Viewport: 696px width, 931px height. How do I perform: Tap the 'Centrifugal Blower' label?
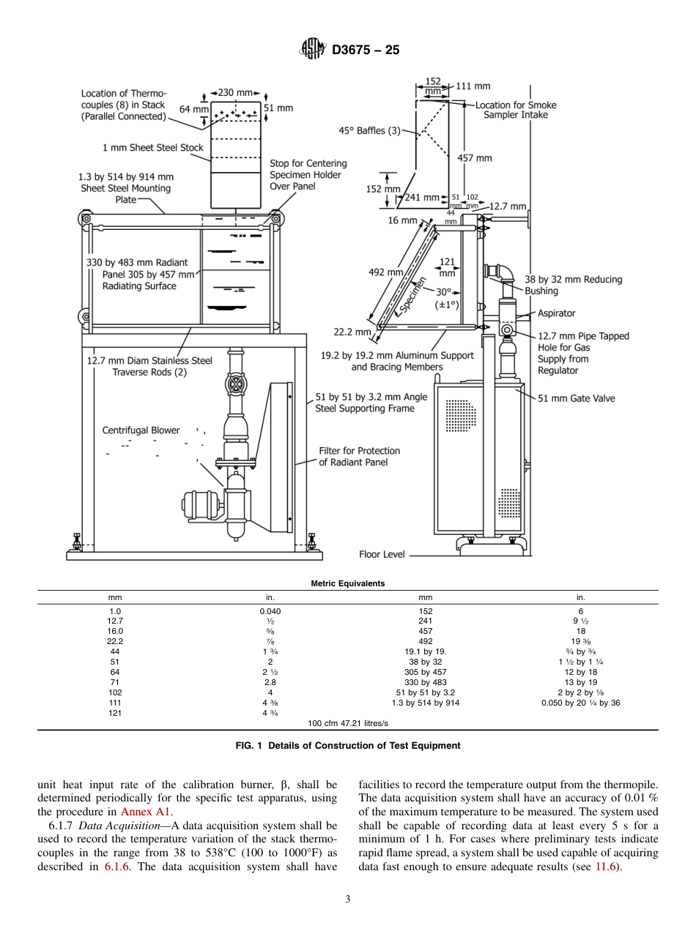click(141, 430)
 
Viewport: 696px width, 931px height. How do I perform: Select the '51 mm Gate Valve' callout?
click(577, 398)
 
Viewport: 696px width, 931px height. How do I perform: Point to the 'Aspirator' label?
click(557, 313)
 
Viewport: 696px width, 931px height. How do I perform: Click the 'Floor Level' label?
click(381, 554)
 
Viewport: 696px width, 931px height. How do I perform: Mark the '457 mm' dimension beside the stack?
click(475, 157)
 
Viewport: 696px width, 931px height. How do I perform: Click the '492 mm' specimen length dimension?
click(385, 272)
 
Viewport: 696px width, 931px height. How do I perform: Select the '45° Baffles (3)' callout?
click(369, 131)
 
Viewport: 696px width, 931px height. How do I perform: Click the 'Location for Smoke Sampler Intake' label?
click(516, 110)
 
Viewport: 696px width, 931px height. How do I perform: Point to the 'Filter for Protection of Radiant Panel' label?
click(359, 456)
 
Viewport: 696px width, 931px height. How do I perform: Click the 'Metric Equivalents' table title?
click(347, 583)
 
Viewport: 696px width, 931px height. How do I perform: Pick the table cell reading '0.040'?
click(270, 611)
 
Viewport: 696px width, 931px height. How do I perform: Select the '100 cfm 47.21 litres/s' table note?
click(347, 723)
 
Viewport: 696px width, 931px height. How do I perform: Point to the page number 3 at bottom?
click(347, 900)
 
